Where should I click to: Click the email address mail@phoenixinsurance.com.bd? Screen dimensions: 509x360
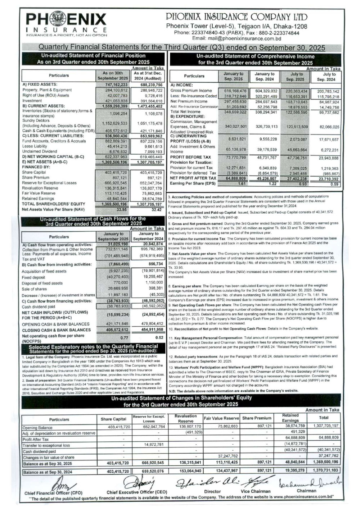(237, 38)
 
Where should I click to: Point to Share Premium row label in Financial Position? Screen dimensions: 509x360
(36, 178)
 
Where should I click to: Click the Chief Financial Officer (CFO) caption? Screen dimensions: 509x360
(53, 493)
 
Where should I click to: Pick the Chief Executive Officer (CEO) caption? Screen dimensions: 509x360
(137, 492)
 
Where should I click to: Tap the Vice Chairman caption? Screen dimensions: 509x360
(256, 491)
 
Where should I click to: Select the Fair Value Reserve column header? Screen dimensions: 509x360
(221, 418)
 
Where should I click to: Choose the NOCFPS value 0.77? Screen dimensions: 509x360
(124, 338)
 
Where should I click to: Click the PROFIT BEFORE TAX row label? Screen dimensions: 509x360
(190, 157)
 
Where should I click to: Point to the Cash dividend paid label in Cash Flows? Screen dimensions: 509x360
(39, 307)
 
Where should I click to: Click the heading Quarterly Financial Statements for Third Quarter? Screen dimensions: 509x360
(181, 47)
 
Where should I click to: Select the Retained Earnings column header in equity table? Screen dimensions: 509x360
(290, 418)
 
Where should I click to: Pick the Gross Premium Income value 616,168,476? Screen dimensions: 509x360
(235, 91)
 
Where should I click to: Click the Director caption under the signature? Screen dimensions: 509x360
(212, 491)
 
